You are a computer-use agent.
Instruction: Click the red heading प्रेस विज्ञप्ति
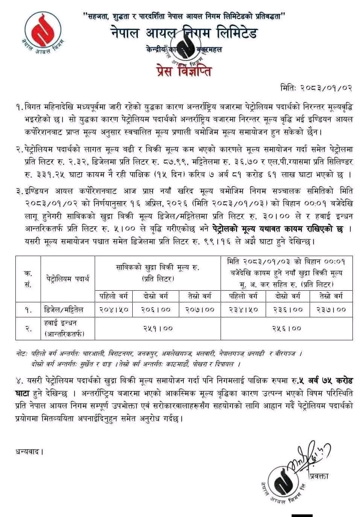tap(183, 70)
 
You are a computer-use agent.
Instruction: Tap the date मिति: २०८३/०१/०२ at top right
tap(316, 88)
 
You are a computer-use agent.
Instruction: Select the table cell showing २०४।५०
tap(114, 309)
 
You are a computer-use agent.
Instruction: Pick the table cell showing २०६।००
tap(156, 309)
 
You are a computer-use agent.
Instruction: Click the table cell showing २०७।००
tap(200, 309)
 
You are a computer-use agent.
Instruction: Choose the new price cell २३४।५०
tap(244, 309)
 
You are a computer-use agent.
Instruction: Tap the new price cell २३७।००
tap(330, 309)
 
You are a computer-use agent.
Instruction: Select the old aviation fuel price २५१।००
tap(158, 328)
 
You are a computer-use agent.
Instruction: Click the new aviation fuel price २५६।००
tap(286, 328)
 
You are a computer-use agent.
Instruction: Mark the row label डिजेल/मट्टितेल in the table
tap(63, 309)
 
